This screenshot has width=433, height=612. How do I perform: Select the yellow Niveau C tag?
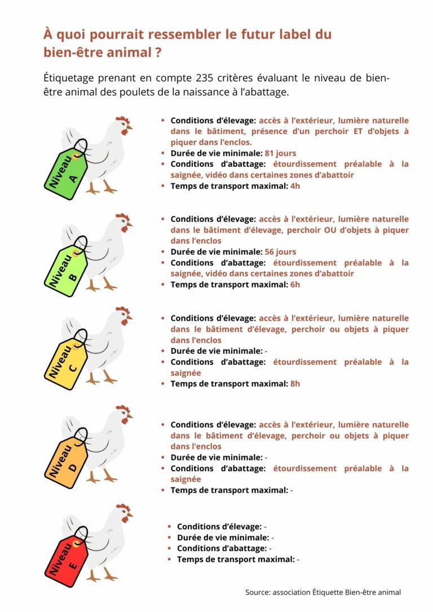[66, 360]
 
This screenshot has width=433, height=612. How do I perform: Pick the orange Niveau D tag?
[66, 459]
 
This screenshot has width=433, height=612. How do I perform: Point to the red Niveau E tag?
[67, 558]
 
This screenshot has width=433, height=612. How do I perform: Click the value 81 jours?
[280, 153]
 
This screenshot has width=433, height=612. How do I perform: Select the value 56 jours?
[280, 252]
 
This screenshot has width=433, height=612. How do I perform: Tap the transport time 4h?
[295, 186]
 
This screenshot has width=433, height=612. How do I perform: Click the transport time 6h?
[295, 285]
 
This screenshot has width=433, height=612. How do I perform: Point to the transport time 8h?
[295, 384]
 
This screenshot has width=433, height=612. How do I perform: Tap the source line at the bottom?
[323, 592]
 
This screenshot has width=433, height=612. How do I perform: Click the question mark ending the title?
[159, 52]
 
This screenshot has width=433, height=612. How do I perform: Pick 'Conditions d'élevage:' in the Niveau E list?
[219, 526]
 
